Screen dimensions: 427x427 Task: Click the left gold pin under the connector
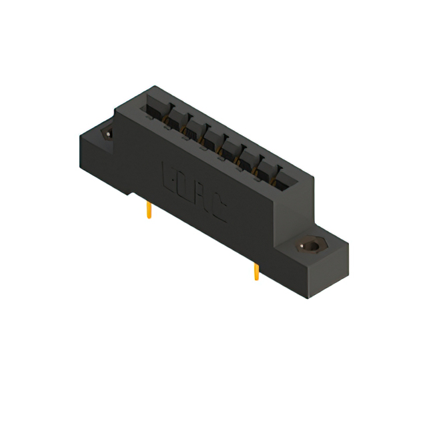click(149, 211)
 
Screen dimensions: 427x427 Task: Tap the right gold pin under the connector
click(256, 272)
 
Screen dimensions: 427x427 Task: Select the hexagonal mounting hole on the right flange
click(310, 246)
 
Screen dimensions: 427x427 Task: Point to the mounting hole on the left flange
click(106, 133)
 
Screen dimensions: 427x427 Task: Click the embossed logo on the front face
click(194, 189)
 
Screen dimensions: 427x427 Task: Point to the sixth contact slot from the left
click(248, 157)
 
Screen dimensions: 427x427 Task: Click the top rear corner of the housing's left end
click(155, 86)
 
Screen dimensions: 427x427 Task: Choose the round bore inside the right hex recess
click(310, 246)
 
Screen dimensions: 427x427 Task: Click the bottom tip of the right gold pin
click(256, 279)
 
